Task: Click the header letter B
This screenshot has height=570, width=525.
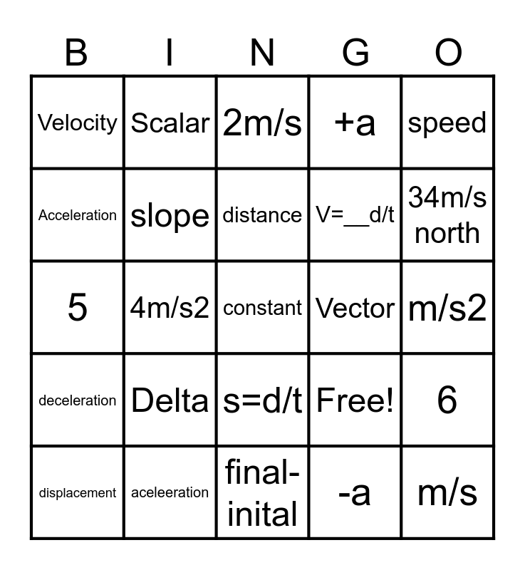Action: (x=76, y=53)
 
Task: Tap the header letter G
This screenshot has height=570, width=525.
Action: (x=355, y=53)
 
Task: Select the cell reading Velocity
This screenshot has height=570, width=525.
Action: (x=78, y=123)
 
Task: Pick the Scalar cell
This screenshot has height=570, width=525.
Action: (x=170, y=123)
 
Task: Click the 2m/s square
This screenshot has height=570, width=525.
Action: (x=263, y=123)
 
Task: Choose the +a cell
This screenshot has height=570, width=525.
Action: (x=355, y=123)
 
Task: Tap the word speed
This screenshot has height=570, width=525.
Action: (x=447, y=123)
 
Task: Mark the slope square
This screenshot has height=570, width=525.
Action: (x=170, y=215)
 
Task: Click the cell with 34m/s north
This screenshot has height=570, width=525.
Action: (x=447, y=215)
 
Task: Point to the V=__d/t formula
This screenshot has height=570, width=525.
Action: (x=355, y=215)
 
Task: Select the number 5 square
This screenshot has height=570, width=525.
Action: (x=78, y=308)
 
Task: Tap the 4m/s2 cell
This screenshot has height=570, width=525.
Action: (x=170, y=308)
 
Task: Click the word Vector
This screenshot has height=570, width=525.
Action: (x=355, y=308)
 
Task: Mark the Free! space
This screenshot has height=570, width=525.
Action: (x=355, y=400)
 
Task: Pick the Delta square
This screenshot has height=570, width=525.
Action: (x=170, y=400)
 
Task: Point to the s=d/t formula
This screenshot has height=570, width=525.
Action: (x=263, y=400)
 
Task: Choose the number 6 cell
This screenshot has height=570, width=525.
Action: (x=447, y=400)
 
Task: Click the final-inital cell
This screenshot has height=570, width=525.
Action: (x=263, y=492)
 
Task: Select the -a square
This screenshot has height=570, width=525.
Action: (x=355, y=492)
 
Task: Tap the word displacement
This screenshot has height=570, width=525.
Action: (x=78, y=493)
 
